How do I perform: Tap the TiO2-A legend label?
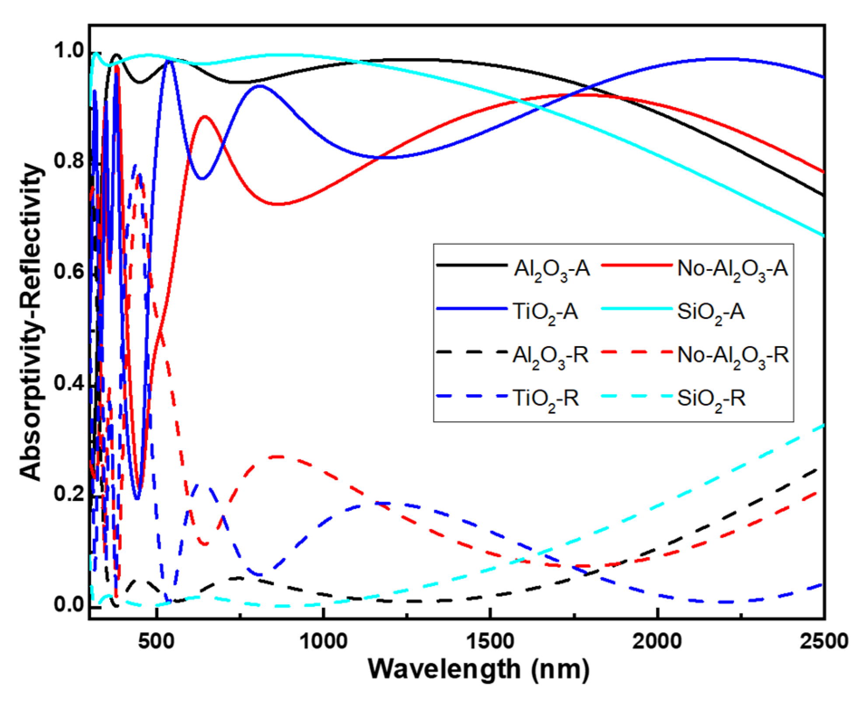pos(545,312)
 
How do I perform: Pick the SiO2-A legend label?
pos(711,312)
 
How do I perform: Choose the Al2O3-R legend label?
pos(551,355)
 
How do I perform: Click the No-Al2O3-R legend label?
pos(733,355)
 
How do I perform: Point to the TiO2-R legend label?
pos(546,399)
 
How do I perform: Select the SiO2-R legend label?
pos(711,399)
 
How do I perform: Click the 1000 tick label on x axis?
pos(323,641)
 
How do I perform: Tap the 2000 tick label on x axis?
pos(657,641)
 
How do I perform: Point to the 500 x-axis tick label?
pos(156,641)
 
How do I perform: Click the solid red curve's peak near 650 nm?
pos(205,116)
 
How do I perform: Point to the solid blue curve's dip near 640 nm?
pos(202,179)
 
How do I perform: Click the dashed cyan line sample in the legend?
pos(636,396)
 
